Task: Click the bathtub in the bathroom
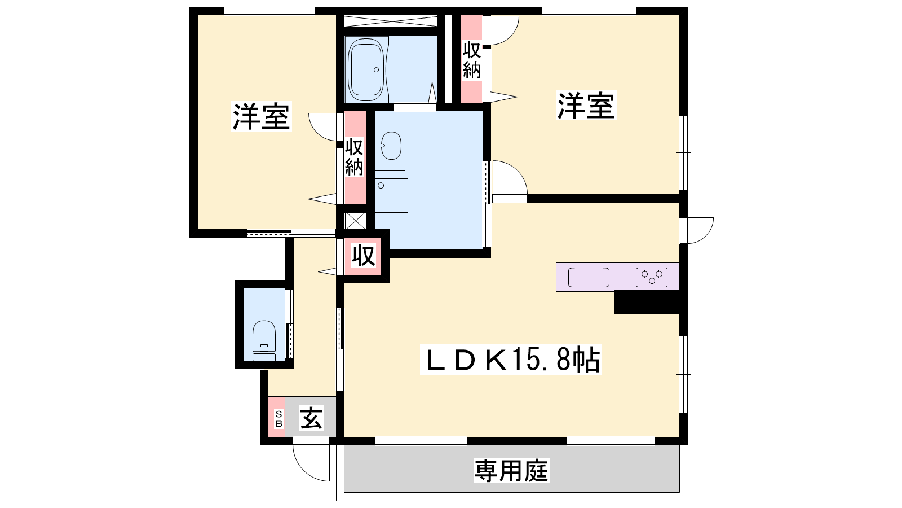pos(366,70)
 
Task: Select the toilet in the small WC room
pos(264,340)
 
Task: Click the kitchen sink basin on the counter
pos(589,277)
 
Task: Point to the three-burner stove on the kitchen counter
pos(652,277)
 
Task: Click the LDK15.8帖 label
pos(511,360)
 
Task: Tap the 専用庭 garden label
pos(511,471)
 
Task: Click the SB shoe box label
pos(278,419)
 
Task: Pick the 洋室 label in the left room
pos(262,116)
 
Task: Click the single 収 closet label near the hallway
pos(364,256)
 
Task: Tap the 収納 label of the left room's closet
pos(355,157)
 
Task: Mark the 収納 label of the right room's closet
pos(471,60)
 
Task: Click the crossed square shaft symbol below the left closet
pos(356,221)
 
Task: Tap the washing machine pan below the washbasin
pos(391,195)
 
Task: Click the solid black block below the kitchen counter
pos(646,303)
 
